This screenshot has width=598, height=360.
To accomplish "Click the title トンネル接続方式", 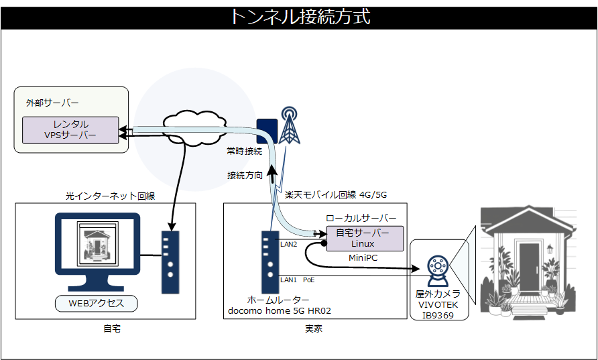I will (299, 16).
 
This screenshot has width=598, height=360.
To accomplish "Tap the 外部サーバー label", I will (52, 103).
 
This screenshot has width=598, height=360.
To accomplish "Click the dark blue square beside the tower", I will (267, 130).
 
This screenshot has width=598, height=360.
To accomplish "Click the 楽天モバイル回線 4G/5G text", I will (336, 195).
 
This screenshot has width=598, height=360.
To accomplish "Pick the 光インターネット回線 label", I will (110, 196).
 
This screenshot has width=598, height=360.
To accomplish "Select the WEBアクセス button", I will (97, 303).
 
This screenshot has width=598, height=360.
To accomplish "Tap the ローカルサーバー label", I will (361, 219).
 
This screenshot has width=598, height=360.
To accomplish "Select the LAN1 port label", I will (288, 279).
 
